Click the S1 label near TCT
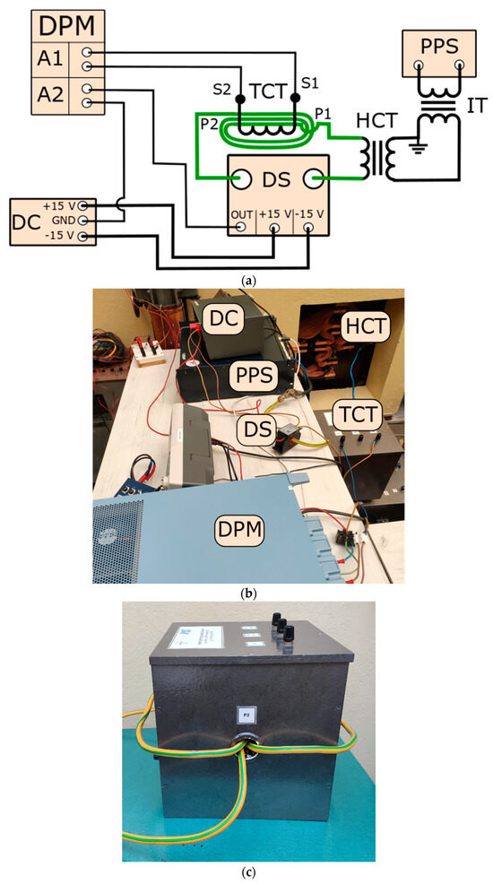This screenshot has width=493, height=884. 310,82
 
